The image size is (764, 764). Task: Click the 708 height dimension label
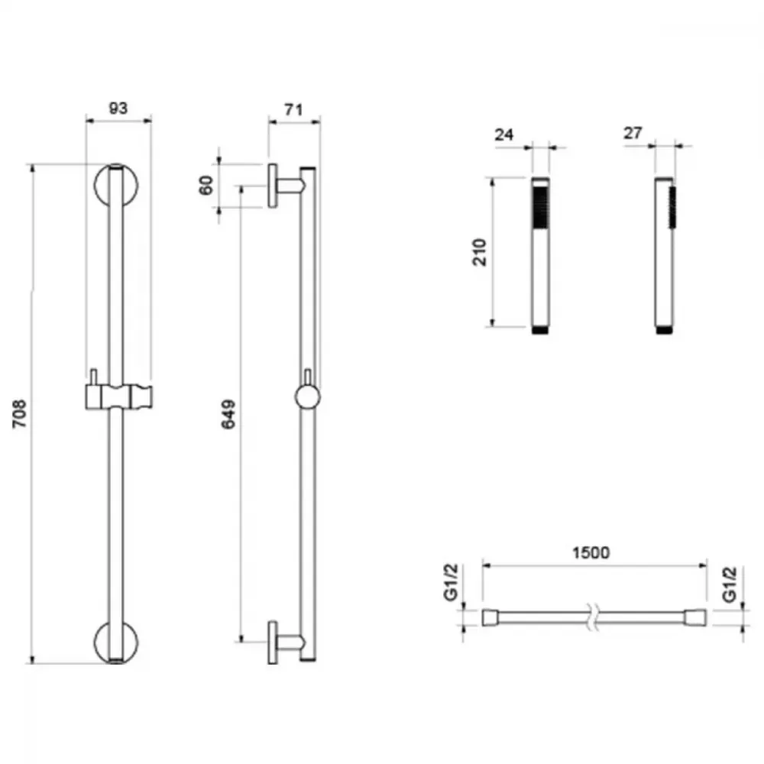pyautogui.click(x=19, y=413)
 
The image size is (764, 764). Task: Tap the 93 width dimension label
pyautogui.click(x=118, y=108)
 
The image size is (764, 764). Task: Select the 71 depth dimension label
pyautogui.click(x=293, y=109)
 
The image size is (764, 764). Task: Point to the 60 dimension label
pyautogui.click(x=206, y=185)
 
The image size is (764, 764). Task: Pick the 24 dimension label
pyautogui.click(x=503, y=134)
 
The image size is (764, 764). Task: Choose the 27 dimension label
pyautogui.click(x=633, y=133)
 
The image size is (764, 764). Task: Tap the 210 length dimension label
pyautogui.click(x=480, y=252)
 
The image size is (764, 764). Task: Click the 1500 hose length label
pyautogui.click(x=591, y=552)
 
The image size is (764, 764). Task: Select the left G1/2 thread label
pyautogui.click(x=451, y=582)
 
